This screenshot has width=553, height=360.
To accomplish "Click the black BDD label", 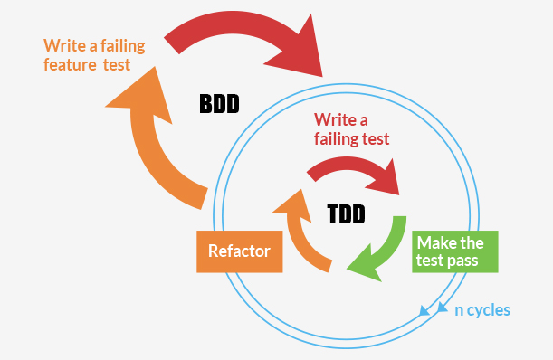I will [x=218, y=103].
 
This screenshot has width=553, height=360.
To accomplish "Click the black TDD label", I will [x=346, y=214].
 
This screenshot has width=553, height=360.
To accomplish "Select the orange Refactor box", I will [x=240, y=251].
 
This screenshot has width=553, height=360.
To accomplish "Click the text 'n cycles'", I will [x=481, y=310].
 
